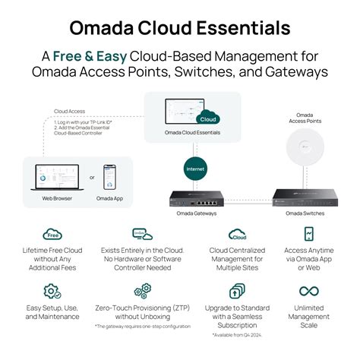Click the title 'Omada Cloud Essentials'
click(180, 28)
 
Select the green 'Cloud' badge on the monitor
click(206, 118)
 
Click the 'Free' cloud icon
click(53, 235)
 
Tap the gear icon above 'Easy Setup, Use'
click(52, 291)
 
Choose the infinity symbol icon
click(308, 291)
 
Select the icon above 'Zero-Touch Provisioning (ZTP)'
click(142, 291)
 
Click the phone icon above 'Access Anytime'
click(309, 235)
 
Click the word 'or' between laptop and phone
click(92, 178)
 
